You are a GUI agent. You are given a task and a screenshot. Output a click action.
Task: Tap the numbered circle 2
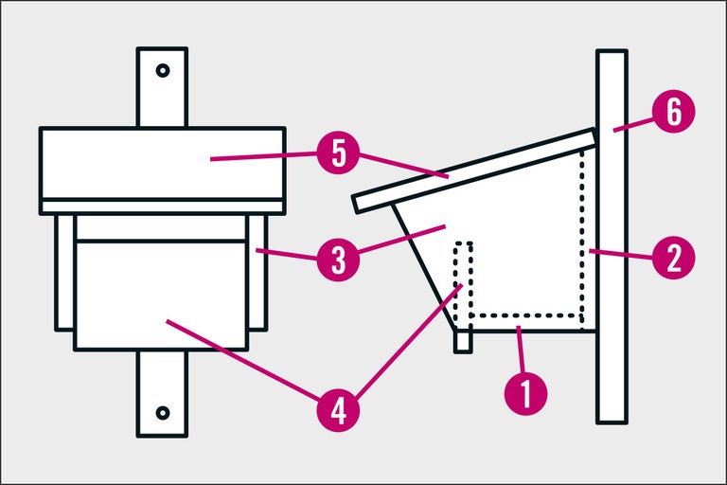(x=674, y=256)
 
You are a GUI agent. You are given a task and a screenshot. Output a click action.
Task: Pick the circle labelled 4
(x=336, y=411)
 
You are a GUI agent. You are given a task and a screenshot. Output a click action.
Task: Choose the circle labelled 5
(x=336, y=153)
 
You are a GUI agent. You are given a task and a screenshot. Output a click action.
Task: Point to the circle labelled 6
(x=674, y=112)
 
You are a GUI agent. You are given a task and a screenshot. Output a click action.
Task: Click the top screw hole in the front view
(x=163, y=70)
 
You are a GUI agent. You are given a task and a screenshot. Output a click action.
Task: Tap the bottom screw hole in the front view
(x=163, y=412)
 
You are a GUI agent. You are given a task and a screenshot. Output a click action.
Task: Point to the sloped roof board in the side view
(x=473, y=171)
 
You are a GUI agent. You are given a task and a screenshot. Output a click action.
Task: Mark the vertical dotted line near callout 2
(x=582, y=237)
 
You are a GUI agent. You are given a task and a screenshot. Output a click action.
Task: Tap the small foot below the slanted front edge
(x=463, y=341)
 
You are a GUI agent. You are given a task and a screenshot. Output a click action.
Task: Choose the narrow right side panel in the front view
(x=258, y=275)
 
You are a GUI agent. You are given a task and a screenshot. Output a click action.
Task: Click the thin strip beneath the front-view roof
(x=163, y=207)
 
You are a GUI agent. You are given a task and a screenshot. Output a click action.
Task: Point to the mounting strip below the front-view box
(x=163, y=393)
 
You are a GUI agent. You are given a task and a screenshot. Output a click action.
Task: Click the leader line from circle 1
(x=522, y=350)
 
